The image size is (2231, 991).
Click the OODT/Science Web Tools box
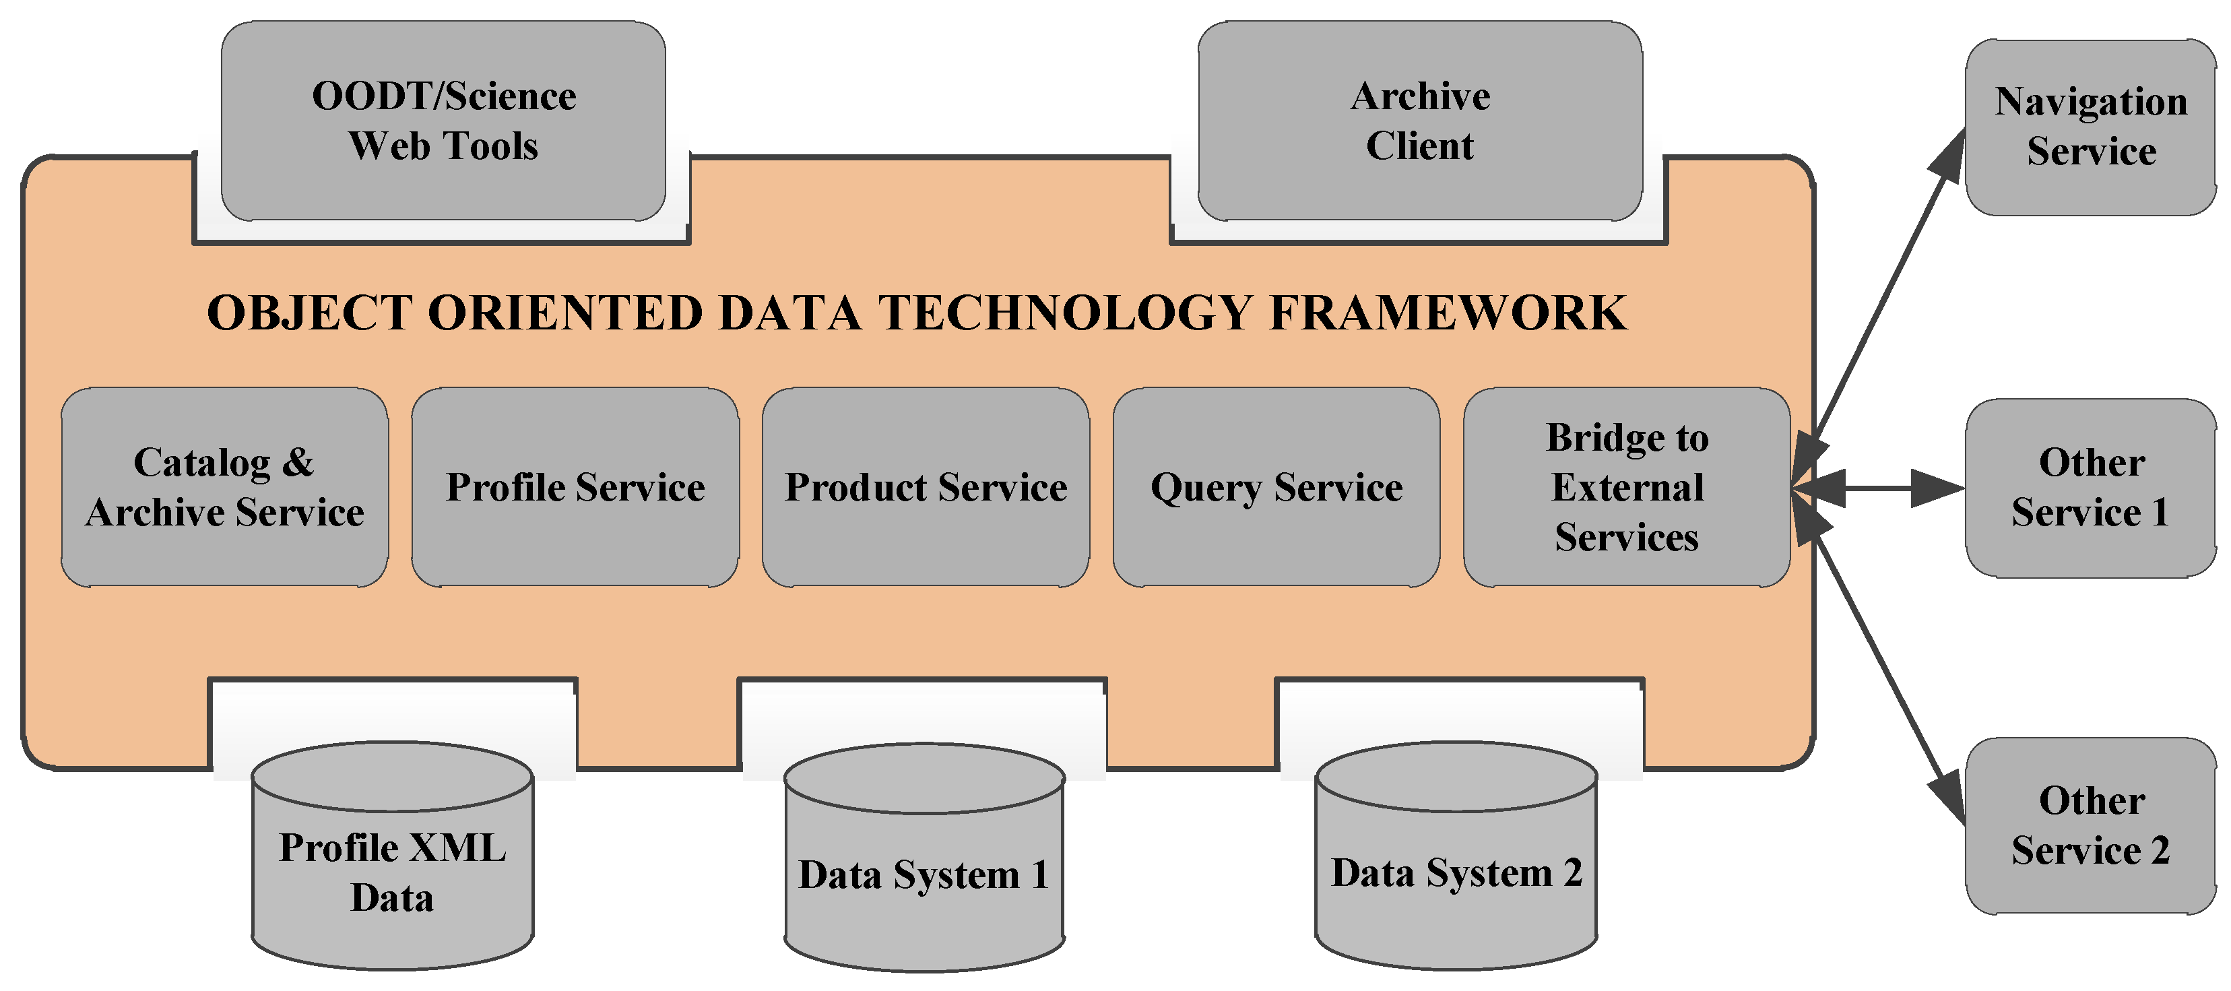[x=443, y=121]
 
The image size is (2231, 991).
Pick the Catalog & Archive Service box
[x=224, y=487]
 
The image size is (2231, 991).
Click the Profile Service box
[x=575, y=487]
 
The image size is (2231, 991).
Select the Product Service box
[x=926, y=487]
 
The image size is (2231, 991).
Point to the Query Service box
[x=1276, y=487]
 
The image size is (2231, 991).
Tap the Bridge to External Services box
[x=1627, y=487]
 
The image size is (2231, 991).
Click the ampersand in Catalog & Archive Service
[x=298, y=463]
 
